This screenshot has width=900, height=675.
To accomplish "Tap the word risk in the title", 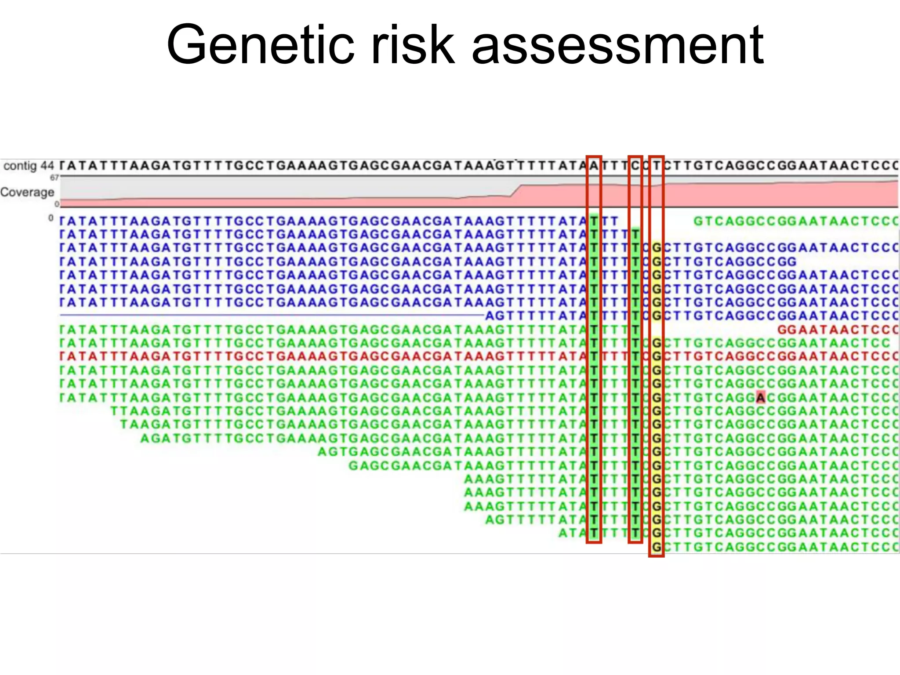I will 412,45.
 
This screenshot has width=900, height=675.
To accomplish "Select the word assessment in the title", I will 617,45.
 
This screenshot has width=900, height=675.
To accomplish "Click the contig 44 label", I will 29,166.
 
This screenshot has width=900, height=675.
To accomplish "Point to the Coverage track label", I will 27,192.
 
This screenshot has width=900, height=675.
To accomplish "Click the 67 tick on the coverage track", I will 54,178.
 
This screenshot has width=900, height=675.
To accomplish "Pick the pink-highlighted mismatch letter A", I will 761,398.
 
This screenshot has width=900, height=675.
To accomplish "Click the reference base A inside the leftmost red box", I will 594,166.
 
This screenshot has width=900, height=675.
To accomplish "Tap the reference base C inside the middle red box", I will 635,166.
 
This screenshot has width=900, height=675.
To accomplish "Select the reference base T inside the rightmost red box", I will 656,166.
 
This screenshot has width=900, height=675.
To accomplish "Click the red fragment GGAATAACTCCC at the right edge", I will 838,330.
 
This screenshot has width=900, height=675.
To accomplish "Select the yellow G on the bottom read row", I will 657,547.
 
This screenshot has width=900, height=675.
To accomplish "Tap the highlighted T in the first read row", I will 594,221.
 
